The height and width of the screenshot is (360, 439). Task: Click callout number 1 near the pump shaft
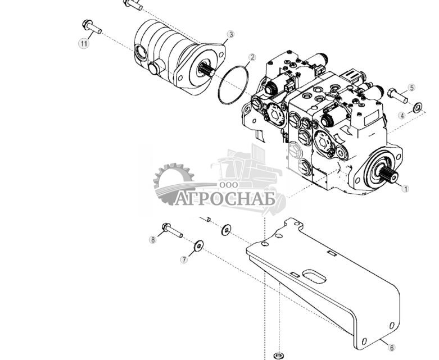(406, 189)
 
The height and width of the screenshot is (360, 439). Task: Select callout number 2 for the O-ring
(252, 57)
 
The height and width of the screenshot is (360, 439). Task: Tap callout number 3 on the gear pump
(230, 35)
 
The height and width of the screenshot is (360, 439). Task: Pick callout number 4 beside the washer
(402, 116)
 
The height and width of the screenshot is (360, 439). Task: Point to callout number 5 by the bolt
(411, 88)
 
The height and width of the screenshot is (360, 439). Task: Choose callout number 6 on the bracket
(391, 348)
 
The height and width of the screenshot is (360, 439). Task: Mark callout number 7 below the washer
(183, 259)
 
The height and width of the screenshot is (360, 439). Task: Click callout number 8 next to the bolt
(152, 240)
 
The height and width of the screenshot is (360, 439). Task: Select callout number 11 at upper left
(84, 43)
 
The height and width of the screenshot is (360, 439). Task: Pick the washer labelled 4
(417, 107)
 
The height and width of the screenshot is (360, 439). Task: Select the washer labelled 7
(198, 245)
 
